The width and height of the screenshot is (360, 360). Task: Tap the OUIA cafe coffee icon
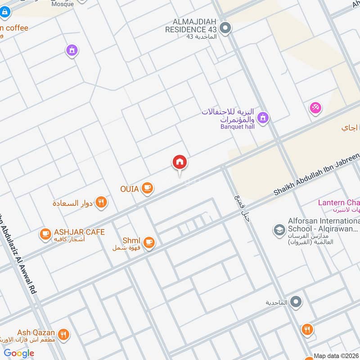point(147,188)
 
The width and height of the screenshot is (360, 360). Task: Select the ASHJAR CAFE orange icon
point(45,233)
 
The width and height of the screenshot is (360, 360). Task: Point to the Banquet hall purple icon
point(263,118)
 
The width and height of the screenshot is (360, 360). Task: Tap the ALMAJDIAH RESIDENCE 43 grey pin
point(227,29)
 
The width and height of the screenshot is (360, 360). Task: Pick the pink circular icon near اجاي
point(315,108)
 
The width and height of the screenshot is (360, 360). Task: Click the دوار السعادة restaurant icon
point(102,202)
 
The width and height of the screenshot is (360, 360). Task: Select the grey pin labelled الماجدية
point(296,302)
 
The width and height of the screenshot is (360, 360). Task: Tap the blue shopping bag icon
point(5,13)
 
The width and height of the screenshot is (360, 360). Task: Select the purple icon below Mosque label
point(71,50)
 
